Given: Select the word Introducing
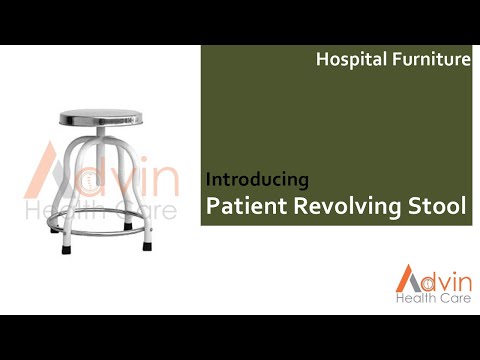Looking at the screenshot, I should (257, 180).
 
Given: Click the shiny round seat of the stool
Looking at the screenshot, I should (98, 116).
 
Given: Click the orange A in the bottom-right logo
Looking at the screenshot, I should (406, 278).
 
